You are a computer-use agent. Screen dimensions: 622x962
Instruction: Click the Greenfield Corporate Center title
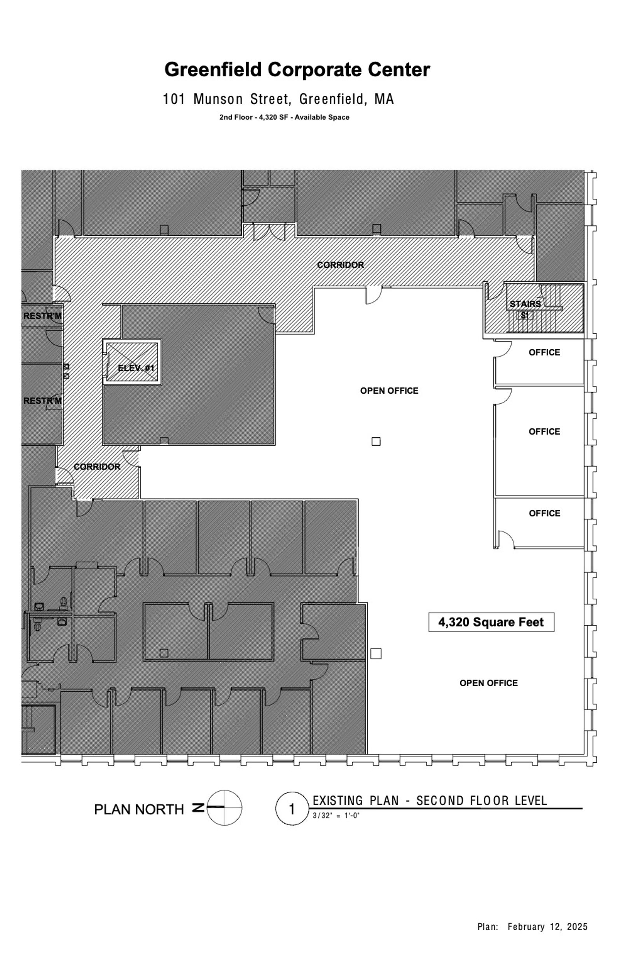click(297, 70)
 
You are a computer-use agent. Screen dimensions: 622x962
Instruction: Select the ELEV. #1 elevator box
click(132, 362)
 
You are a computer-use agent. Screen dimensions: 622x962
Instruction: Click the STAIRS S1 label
click(525, 309)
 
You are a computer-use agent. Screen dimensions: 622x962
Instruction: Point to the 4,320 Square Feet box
click(491, 622)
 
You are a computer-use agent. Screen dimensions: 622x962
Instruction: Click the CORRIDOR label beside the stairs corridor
click(340, 265)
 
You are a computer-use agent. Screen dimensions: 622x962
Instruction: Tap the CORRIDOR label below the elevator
click(97, 467)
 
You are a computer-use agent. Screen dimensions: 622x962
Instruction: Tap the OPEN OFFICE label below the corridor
click(389, 391)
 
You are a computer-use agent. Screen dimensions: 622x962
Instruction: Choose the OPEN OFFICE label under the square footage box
click(488, 683)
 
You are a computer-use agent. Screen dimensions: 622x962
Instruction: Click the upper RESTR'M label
click(42, 316)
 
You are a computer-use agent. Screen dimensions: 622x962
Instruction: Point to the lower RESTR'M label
click(42, 401)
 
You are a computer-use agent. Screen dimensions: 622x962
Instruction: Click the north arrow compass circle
click(225, 808)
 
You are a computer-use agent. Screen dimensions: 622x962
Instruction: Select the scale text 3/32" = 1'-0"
click(336, 816)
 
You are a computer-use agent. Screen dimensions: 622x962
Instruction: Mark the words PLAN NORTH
click(139, 809)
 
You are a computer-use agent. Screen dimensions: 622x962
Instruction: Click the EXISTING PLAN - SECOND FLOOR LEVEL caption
click(430, 801)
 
